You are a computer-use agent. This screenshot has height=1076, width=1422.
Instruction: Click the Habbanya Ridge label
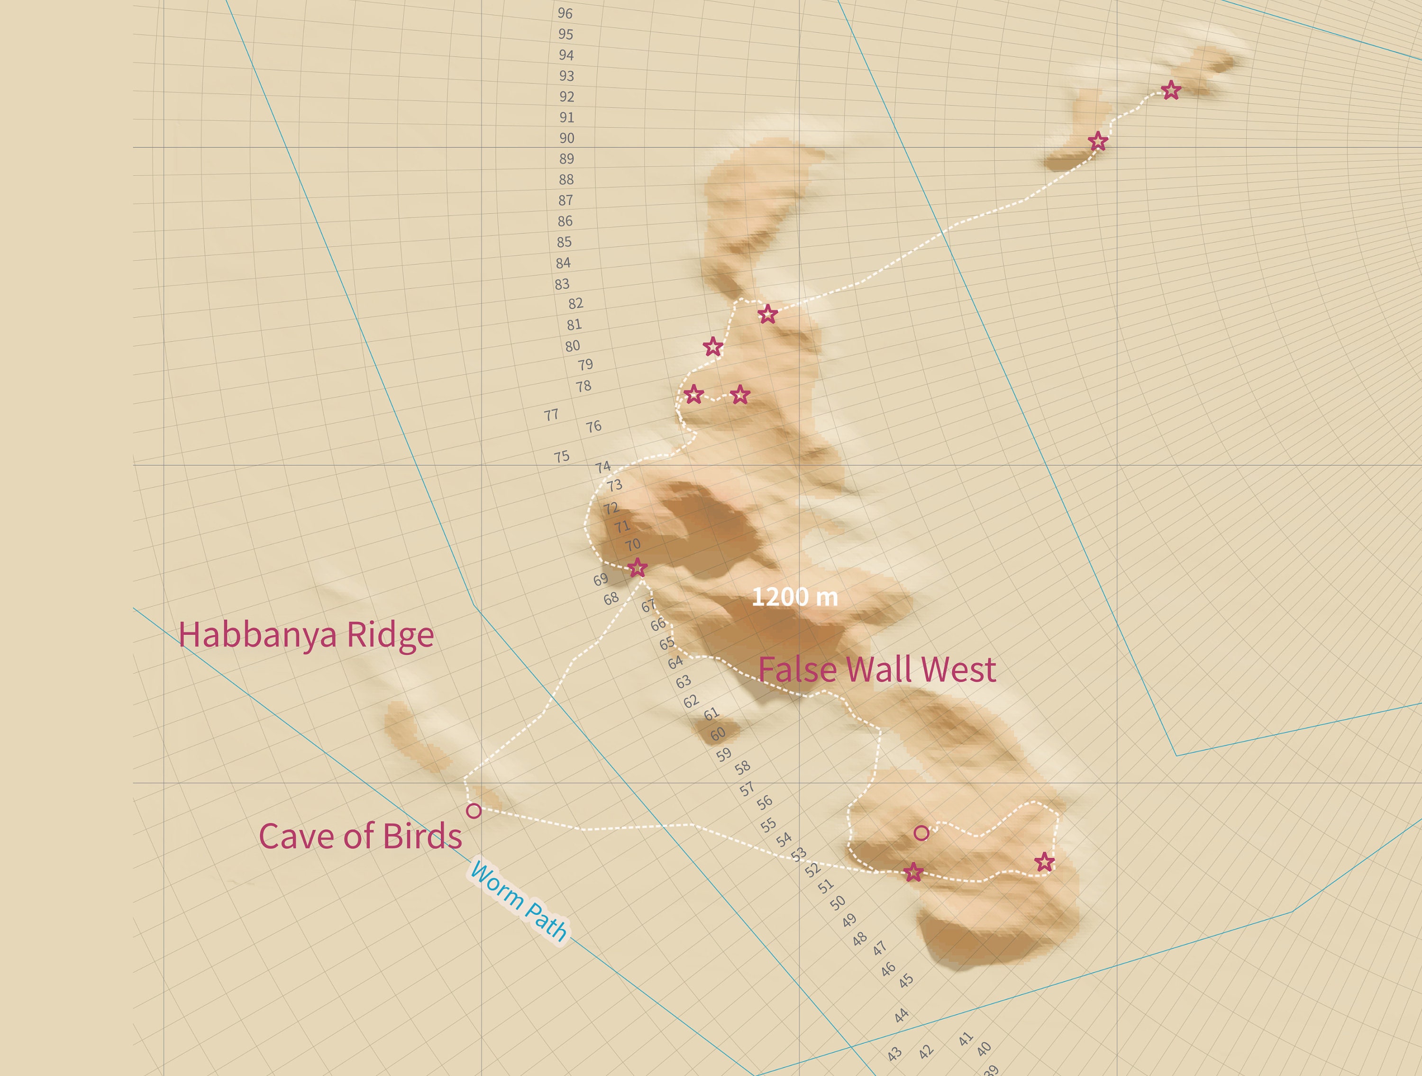(x=306, y=635)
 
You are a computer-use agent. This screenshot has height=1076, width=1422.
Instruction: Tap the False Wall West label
(x=877, y=670)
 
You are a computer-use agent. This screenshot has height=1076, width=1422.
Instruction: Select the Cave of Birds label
(x=360, y=836)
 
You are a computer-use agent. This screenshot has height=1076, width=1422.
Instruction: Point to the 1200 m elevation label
(x=794, y=597)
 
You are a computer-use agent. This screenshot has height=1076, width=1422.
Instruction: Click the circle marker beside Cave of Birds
(x=474, y=811)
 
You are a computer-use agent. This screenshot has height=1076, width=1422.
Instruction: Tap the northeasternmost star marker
(x=1171, y=91)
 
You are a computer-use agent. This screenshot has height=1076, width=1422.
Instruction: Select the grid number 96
(x=565, y=13)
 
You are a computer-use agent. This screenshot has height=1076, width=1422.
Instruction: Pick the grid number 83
(x=562, y=284)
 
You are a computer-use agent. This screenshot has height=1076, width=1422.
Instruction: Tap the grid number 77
(x=551, y=415)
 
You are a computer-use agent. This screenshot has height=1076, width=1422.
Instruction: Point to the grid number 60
(x=718, y=733)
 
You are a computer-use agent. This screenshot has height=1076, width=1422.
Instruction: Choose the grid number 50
(x=837, y=903)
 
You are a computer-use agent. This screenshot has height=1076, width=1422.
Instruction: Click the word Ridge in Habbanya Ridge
(x=390, y=635)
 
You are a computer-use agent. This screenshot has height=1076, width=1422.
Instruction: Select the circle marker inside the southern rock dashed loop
(x=921, y=833)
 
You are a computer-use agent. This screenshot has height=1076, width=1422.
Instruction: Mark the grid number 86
(x=565, y=221)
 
